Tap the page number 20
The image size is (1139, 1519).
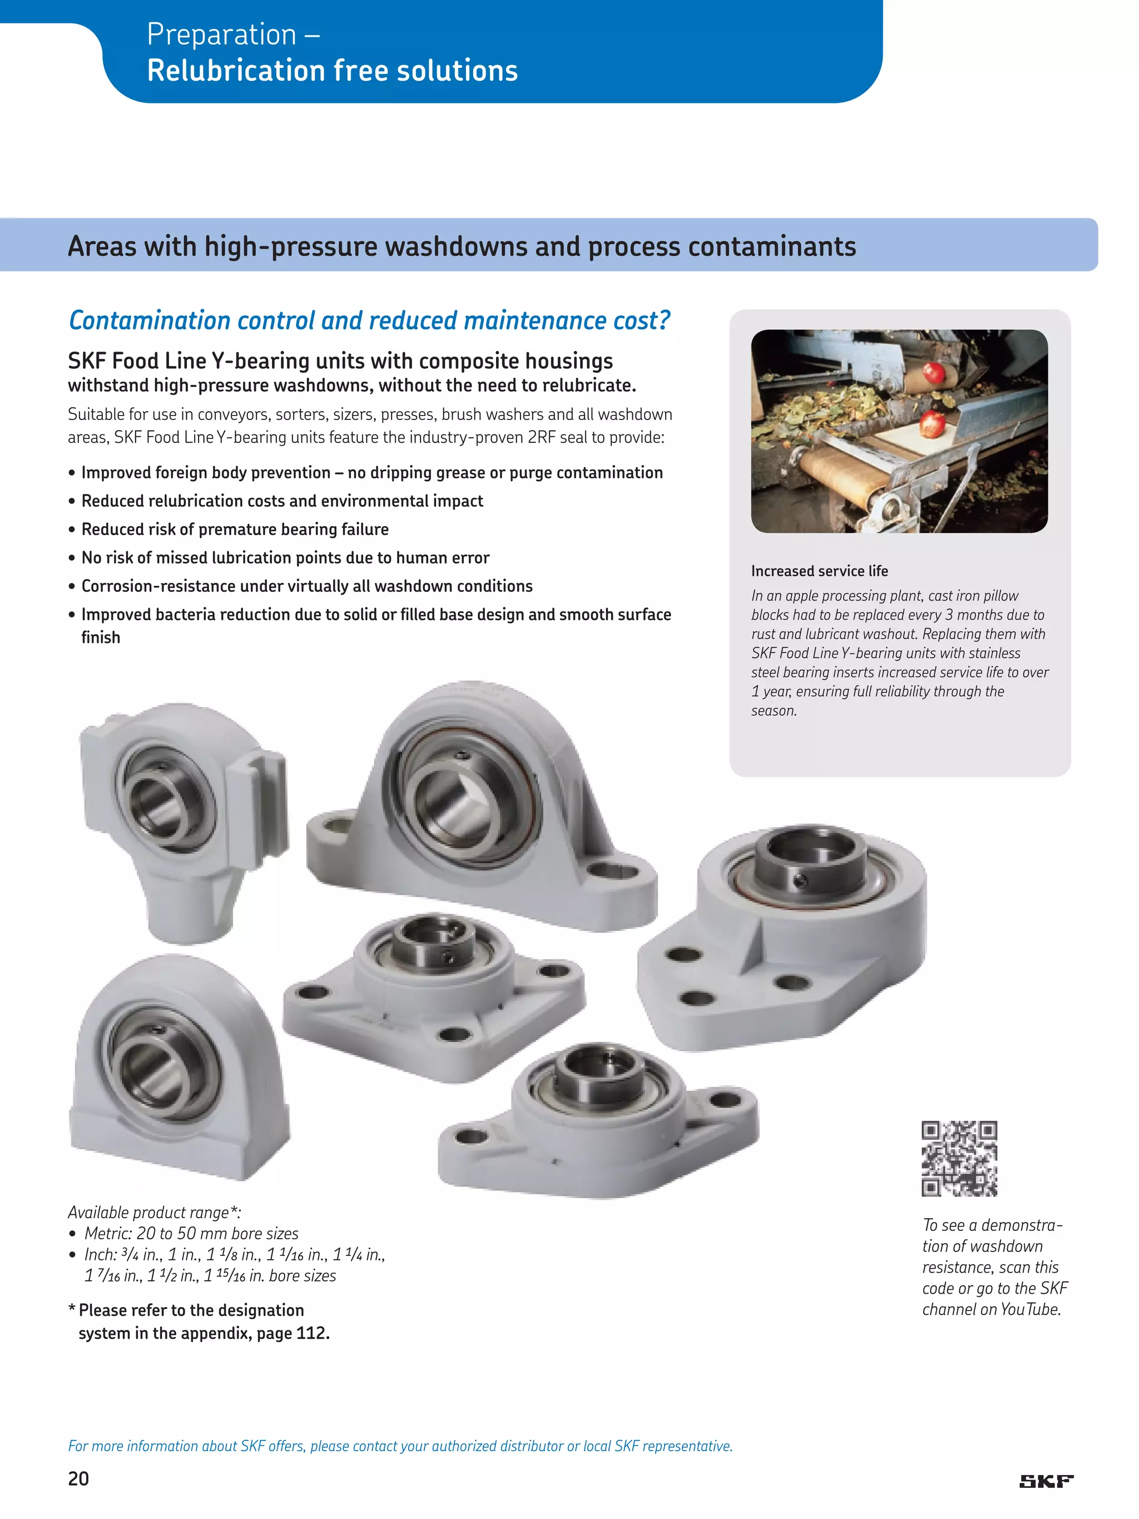click(x=78, y=1478)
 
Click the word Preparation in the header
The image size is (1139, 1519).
click(x=221, y=34)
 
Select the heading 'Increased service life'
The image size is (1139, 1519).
click(x=819, y=571)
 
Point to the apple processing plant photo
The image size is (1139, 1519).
click(x=899, y=431)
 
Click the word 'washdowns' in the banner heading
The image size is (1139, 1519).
click(x=451, y=246)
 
